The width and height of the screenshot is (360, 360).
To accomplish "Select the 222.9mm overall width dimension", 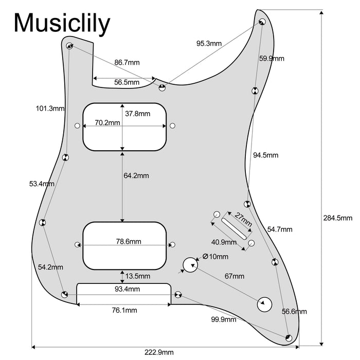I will click(159, 352).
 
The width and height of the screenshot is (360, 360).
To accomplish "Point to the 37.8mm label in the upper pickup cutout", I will click(137, 114).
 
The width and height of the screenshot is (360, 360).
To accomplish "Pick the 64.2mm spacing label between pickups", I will click(136, 175).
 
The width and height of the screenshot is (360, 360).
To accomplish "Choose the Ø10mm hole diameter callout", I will click(216, 257).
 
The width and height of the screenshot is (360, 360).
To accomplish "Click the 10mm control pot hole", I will click(189, 265).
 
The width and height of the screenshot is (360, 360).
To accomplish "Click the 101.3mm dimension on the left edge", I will click(50, 109).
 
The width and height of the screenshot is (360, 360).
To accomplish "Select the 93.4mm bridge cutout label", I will click(127, 290).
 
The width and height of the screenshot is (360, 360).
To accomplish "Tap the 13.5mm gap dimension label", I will click(137, 276).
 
